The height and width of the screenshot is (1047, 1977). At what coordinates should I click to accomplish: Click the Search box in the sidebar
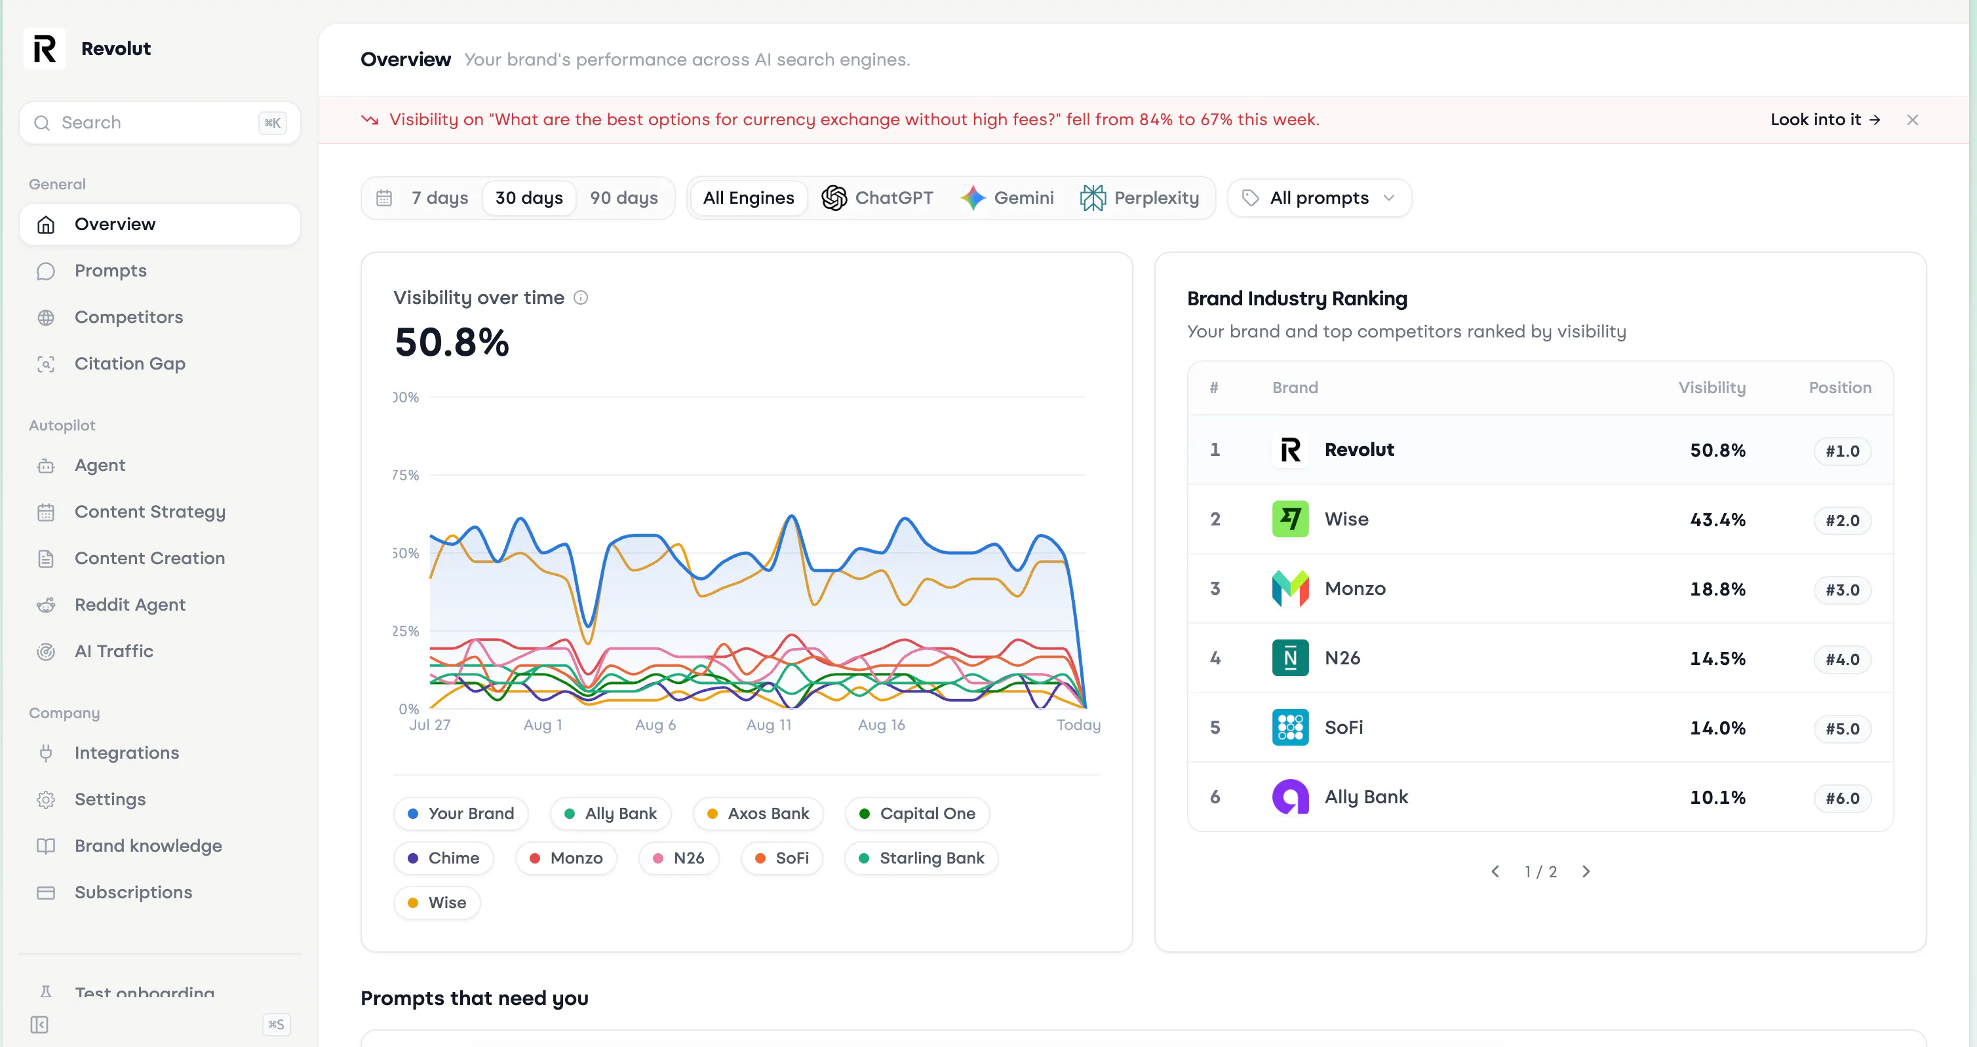click(x=160, y=123)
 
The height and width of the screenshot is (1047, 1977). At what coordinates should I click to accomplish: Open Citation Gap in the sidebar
click(x=130, y=364)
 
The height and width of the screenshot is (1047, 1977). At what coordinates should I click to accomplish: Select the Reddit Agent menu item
click(x=130, y=605)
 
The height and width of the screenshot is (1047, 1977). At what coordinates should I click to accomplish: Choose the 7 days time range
click(x=439, y=198)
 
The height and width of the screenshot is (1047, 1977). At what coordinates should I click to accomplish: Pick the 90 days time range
click(x=624, y=198)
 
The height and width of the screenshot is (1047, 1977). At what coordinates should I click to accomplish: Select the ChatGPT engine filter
click(x=877, y=198)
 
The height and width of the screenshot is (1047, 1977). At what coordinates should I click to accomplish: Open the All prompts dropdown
click(x=1318, y=198)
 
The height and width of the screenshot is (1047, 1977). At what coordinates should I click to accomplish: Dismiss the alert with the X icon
click(x=1913, y=120)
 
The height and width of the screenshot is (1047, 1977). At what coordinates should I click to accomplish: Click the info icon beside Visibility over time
click(x=581, y=297)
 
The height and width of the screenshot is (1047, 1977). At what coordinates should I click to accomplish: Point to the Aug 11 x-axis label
click(x=768, y=725)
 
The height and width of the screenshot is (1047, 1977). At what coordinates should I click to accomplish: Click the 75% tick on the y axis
click(x=406, y=476)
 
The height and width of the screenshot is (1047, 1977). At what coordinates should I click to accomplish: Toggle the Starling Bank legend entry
click(x=921, y=858)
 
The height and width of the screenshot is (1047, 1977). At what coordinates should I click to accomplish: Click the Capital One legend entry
click(x=917, y=814)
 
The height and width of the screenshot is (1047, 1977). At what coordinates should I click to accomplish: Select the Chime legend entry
click(x=444, y=858)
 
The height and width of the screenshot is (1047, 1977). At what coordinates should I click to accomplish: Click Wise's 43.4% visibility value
click(x=1717, y=520)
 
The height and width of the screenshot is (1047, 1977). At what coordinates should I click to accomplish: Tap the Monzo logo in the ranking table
click(x=1290, y=588)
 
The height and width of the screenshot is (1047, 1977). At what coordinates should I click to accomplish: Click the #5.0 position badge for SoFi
click(x=1842, y=729)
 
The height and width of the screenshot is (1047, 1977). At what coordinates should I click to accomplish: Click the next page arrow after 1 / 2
click(x=1586, y=872)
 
